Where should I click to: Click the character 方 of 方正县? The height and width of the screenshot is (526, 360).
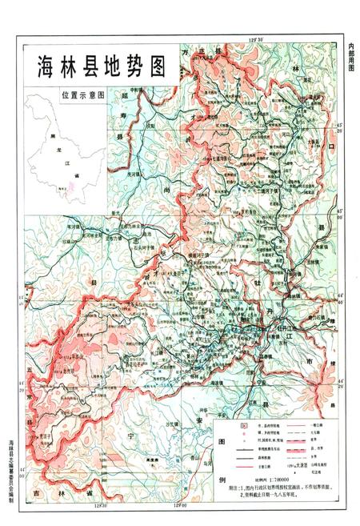coord(190,50)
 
